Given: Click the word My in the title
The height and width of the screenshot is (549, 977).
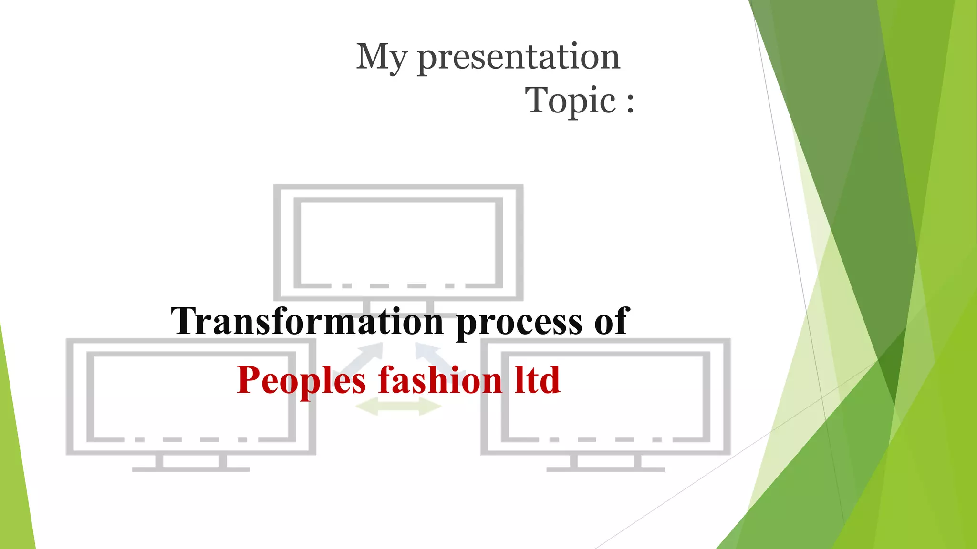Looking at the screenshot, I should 382,57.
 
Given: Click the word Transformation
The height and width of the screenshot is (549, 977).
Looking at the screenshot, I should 308,321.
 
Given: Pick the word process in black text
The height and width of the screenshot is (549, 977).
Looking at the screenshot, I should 519,323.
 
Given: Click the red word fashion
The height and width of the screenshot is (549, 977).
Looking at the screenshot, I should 440,380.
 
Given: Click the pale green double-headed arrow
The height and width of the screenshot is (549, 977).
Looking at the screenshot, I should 398,407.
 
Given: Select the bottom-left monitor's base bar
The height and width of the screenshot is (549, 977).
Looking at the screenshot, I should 191,469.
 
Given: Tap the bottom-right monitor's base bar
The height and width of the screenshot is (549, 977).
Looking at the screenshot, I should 605,469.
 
